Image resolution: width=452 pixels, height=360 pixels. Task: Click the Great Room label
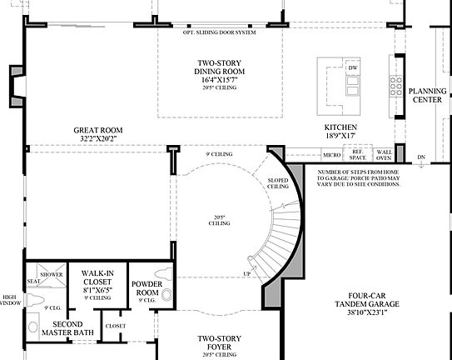click(x=97, y=131)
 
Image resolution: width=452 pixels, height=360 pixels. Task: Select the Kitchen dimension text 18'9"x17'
click(x=340, y=135)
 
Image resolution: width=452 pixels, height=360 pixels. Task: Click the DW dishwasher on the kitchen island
click(x=353, y=68)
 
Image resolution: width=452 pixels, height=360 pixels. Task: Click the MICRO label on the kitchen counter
click(x=331, y=155)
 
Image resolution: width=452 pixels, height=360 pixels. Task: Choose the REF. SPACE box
click(x=358, y=155)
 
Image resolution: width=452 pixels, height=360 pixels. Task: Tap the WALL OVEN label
click(x=383, y=155)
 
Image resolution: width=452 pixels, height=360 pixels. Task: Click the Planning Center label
click(x=429, y=95)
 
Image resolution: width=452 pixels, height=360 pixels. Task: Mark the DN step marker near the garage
click(x=421, y=157)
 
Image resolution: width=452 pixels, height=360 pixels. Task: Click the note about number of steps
click(x=359, y=177)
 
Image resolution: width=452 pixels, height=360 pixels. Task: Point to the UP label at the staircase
click(x=247, y=274)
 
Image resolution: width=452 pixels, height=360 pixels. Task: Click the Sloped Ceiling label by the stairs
click(x=278, y=183)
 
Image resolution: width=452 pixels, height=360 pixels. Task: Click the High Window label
click(x=9, y=301)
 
